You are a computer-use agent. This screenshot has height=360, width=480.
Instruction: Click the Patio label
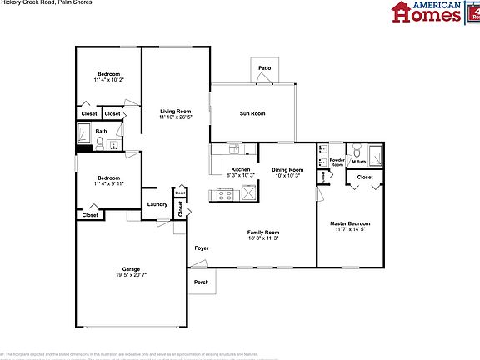(x=264, y=68)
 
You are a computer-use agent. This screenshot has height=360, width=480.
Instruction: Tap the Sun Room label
(x=252, y=113)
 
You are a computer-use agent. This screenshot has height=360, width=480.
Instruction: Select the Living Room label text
(x=176, y=111)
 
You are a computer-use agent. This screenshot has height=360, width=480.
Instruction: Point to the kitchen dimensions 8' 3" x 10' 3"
(x=240, y=176)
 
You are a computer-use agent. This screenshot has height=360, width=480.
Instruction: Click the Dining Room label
(x=287, y=169)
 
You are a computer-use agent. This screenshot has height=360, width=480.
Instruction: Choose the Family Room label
(x=263, y=232)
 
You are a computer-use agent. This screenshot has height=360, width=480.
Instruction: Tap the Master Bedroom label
(x=350, y=223)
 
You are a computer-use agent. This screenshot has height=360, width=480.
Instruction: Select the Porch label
(x=201, y=282)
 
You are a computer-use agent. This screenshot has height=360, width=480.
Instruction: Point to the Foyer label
(x=201, y=248)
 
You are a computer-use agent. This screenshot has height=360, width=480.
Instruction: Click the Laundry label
(x=157, y=204)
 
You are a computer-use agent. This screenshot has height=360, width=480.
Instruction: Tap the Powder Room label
(x=337, y=162)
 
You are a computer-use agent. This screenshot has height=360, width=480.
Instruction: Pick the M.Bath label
(x=359, y=162)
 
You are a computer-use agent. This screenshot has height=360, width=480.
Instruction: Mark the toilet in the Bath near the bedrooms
(x=100, y=142)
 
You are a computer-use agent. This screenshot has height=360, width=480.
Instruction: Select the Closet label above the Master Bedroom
(x=365, y=177)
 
